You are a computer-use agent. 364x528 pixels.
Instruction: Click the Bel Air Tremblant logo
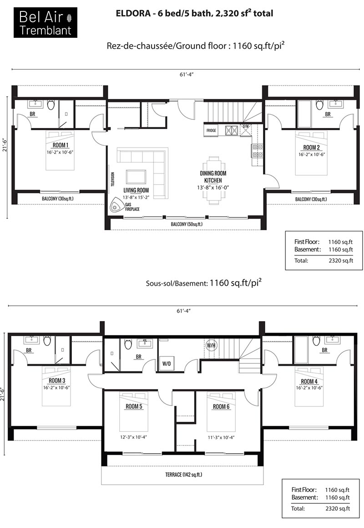point(45,23)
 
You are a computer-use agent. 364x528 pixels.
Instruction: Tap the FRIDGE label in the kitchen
point(211,130)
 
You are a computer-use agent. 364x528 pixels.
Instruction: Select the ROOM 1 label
point(61,145)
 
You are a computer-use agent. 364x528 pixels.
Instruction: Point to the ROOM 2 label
point(312,148)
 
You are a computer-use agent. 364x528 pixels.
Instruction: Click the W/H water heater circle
point(211,345)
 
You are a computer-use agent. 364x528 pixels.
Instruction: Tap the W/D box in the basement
point(167,364)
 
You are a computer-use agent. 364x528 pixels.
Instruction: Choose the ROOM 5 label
point(134,406)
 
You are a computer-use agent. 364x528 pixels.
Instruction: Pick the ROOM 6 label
point(221,407)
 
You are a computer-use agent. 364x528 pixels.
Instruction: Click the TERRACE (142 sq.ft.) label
point(184,475)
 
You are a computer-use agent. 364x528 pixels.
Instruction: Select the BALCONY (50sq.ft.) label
point(187,224)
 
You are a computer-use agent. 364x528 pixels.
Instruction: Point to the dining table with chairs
point(213,180)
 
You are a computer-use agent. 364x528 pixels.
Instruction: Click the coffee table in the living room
point(136,177)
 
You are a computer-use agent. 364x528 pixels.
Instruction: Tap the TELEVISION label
point(113,179)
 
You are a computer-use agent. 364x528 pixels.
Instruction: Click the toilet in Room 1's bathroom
point(51,105)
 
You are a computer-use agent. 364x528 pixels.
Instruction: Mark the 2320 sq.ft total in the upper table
point(341,260)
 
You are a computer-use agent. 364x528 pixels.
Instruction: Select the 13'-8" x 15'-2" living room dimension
point(136,198)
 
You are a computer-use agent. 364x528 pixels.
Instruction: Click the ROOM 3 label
point(57,381)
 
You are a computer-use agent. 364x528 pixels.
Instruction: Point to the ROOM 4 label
point(309,381)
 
